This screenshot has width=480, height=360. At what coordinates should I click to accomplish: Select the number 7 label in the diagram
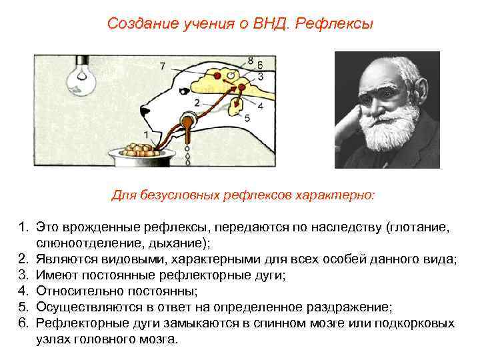tap(163, 65)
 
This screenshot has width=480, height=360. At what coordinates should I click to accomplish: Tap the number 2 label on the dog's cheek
tap(195, 102)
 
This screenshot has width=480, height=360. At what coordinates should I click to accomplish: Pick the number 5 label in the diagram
tap(247, 118)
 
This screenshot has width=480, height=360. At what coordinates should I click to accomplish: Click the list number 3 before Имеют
tap(22, 274)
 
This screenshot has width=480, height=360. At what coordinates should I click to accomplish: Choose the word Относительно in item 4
tap(75, 290)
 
